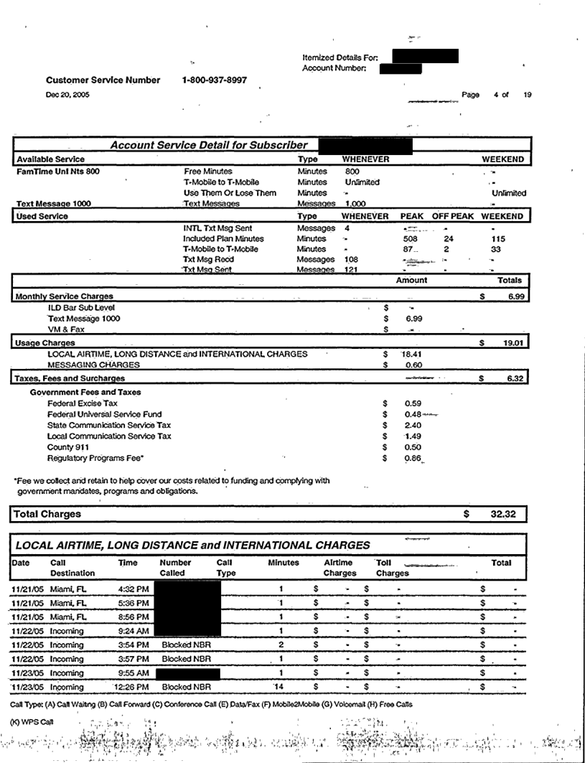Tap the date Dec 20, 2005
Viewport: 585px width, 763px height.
pos(63,95)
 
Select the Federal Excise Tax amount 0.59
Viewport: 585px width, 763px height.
pos(413,403)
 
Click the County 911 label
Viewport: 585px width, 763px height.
pos(65,446)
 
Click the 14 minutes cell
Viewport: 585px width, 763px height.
pos(282,687)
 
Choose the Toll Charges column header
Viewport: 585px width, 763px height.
pos(392,568)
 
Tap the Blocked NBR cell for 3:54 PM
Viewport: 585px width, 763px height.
pos(187,645)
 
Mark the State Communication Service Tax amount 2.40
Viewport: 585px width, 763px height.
pos(413,425)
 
